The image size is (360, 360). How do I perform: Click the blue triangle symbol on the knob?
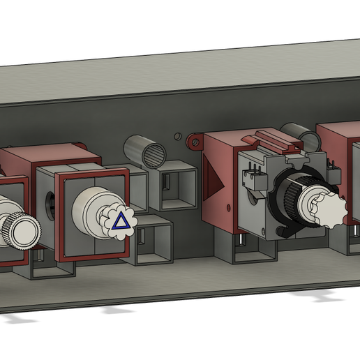121,221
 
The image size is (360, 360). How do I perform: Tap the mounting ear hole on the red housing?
193,144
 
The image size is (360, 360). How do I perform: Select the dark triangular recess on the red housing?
216,185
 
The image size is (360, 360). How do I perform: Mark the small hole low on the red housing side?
227,209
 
